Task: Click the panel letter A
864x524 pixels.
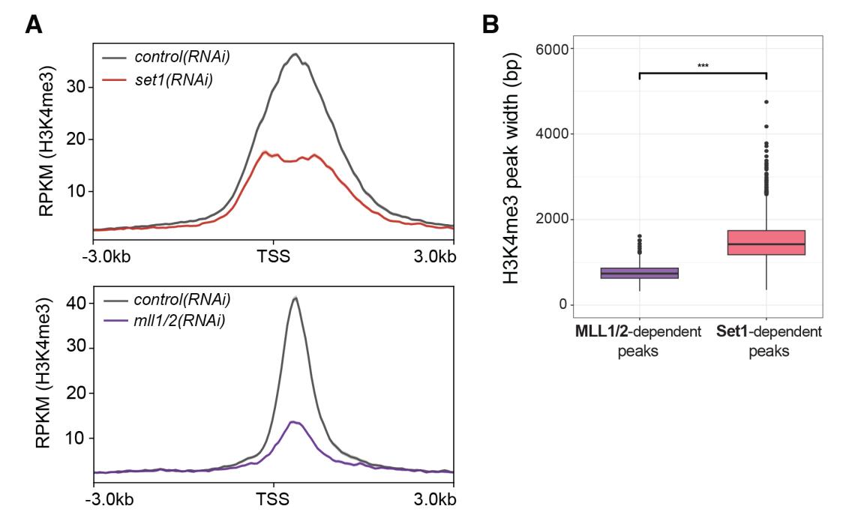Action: (34, 25)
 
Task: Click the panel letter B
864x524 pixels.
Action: (490, 25)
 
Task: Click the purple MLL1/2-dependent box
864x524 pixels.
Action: (639, 273)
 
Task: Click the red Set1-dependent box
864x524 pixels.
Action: (766, 243)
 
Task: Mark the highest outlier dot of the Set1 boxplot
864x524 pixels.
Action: (766, 102)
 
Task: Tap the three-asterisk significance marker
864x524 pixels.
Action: (703, 66)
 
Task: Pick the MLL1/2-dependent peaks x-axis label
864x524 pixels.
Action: (639, 340)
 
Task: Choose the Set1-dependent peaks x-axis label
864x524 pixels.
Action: (769, 340)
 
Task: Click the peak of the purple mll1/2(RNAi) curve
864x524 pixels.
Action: (294, 422)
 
